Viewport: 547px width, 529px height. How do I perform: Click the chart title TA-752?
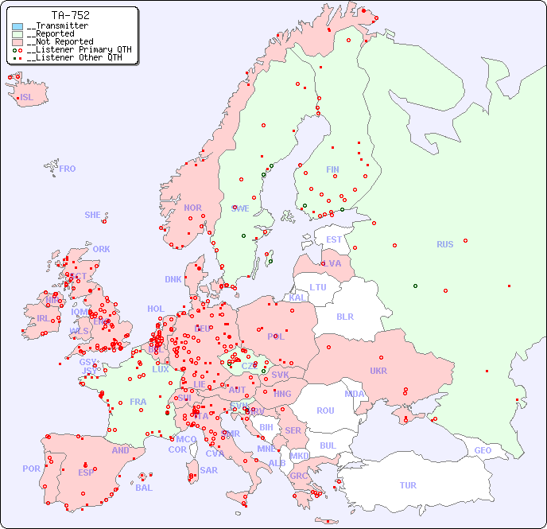point(70,15)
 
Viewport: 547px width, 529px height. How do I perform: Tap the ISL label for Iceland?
point(27,98)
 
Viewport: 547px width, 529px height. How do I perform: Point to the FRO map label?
point(68,169)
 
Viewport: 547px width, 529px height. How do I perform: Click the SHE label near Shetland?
point(93,215)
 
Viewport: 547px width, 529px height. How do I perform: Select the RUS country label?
point(444,244)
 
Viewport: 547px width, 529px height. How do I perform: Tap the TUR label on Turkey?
point(408,485)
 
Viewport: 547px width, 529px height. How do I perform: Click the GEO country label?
point(483,450)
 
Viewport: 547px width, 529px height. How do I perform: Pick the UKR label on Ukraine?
point(378,371)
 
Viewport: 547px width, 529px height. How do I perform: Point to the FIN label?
point(332,169)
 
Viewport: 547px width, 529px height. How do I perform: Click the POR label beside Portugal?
point(31,469)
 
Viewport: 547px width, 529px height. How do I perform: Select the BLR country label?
point(345,316)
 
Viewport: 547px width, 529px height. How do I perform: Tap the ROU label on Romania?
point(325,410)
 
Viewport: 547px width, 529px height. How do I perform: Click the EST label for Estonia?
point(334,239)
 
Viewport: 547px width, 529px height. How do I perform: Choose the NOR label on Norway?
point(192,208)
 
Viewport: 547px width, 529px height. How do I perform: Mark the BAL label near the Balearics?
point(144,488)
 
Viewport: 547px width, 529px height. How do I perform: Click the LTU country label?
point(318,287)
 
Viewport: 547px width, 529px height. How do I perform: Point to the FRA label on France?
point(138,402)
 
